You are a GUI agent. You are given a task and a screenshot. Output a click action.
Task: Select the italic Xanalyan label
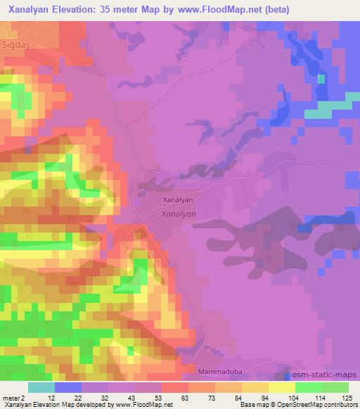[x=178, y=213]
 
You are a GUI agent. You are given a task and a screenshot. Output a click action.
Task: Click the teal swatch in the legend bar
[x=41, y=387]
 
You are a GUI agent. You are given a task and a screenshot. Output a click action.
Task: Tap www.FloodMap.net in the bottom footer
[x=143, y=405]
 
